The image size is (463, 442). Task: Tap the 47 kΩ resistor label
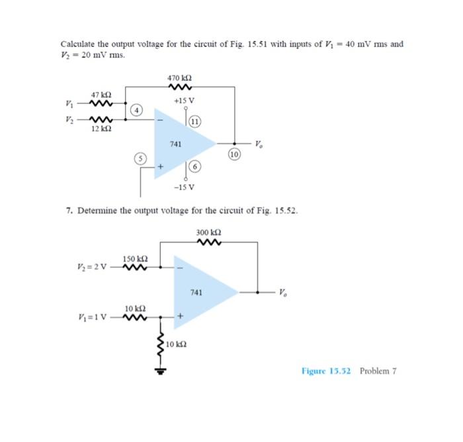click(99, 94)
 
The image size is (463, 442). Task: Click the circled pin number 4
click(136, 110)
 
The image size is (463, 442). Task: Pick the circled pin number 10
click(233, 154)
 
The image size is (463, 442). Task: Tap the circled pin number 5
click(140, 158)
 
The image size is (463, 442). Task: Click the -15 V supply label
click(185, 186)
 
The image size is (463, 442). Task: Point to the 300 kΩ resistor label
click(208, 233)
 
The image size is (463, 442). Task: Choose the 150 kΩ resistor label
click(135, 258)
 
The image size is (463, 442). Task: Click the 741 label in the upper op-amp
click(175, 143)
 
